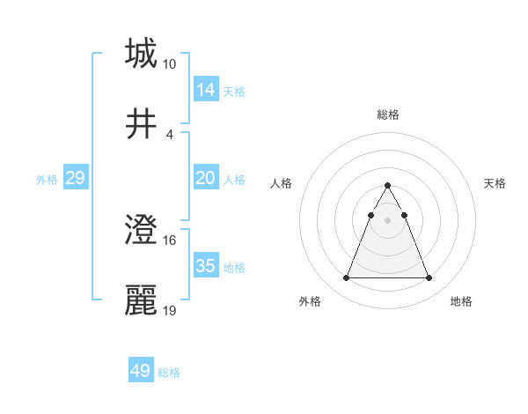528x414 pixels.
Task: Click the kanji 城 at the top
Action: [x=141, y=54]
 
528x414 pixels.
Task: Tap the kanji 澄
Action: [x=141, y=230]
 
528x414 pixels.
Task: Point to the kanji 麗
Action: [x=141, y=300]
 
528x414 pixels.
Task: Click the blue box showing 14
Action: [x=206, y=89]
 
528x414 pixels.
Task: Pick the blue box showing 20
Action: [x=206, y=178]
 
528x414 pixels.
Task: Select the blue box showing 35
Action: [x=206, y=266]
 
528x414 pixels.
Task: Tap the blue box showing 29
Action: [x=75, y=178]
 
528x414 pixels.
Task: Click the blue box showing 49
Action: [x=141, y=371]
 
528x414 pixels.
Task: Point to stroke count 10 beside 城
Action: [x=169, y=64]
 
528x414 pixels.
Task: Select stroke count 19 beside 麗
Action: [x=169, y=311]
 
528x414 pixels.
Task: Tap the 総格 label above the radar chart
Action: [x=387, y=115]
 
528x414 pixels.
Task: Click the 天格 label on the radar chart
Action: [x=495, y=183]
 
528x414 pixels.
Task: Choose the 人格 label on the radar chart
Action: [x=282, y=183]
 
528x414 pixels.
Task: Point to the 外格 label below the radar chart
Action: [x=310, y=301]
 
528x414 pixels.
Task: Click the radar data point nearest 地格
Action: [x=429, y=278]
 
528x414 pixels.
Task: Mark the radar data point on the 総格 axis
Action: [x=387, y=186]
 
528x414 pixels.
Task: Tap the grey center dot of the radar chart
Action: [x=387, y=220]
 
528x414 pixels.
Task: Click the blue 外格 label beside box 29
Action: [x=47, y=179]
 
